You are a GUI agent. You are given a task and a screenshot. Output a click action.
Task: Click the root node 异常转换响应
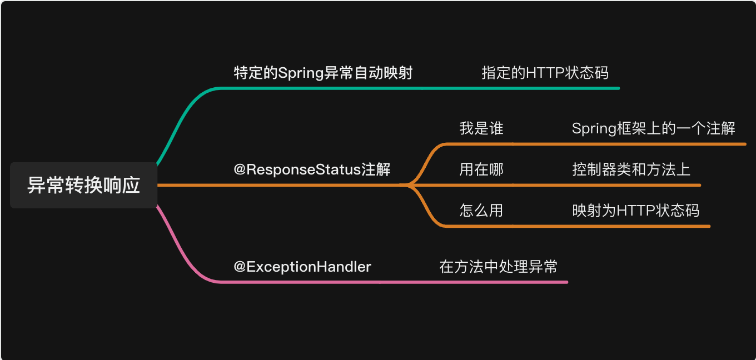tap(83, 186)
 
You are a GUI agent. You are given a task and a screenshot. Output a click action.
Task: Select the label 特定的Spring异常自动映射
tap(323, 73)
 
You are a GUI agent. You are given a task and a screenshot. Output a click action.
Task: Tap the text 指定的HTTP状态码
tap(545, 73)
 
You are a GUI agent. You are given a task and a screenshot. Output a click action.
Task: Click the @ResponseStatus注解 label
tap(312, 169)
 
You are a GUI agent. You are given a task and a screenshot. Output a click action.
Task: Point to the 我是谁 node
tap(481, 128)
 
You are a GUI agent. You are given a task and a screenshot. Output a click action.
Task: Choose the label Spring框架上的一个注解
tap(653, 128)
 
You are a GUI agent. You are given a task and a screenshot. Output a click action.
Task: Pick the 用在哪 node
tap(481, 169)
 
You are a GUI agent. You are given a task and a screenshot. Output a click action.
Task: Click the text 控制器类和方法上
tap(631, 169)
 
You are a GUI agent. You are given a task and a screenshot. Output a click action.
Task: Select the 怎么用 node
tap(481, 211)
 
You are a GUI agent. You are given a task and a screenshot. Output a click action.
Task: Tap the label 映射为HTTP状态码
tap(635, 211)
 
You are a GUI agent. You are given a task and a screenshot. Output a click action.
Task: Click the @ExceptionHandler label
tap(302, 267)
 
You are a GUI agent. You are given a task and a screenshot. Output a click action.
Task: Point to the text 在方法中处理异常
tap(498, 267)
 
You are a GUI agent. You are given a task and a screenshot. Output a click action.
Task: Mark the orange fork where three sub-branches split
tap(409, 185)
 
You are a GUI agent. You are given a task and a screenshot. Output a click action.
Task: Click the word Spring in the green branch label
tap(300, 73)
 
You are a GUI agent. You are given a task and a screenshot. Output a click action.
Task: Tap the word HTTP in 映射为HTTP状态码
tap(636, 211)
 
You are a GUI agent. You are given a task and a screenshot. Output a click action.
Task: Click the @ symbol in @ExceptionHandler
tap(240, 267)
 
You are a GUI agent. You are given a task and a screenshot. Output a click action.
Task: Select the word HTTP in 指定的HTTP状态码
tap(545, 73)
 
